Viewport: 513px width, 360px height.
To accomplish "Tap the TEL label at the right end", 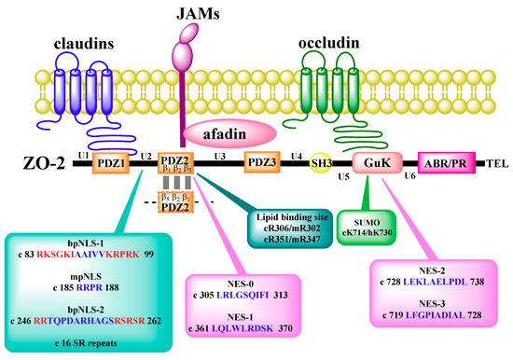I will (x=496, y=163).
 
